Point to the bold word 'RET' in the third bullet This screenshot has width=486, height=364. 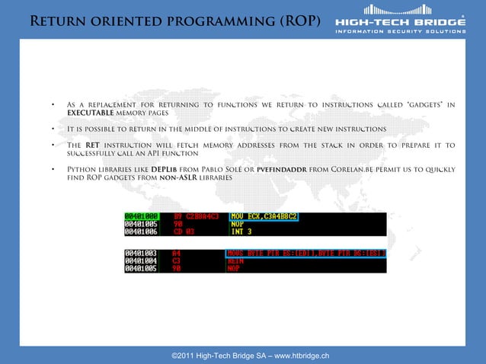click(93, 145)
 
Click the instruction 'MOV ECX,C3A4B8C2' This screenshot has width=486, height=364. click(263, 216)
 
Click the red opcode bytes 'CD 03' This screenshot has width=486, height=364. click(184, 231)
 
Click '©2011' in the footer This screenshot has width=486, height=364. click(184, 356)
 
